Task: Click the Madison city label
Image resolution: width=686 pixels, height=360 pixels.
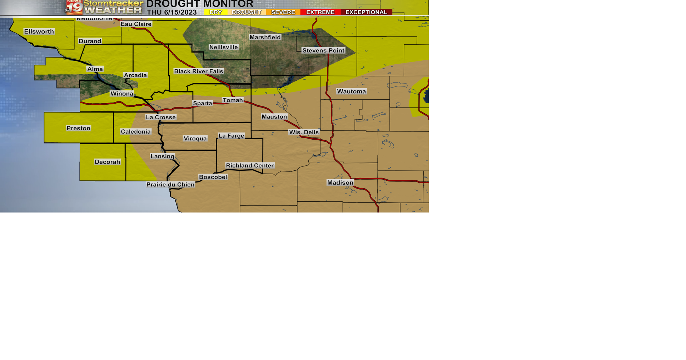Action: click(340, 182)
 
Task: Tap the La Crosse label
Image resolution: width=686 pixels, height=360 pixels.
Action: click(161, 117)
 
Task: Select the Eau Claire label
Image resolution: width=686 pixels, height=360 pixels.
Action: click(136, 24)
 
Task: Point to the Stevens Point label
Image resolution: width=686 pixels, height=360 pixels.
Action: click(323, 50)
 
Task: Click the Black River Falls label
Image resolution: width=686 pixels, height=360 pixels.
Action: click(199, 71)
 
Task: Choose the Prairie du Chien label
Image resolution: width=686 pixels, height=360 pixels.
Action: click(170, 185)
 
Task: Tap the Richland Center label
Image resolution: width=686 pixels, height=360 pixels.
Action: click(250, 165)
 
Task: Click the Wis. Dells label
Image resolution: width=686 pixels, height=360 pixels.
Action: click(304, 132)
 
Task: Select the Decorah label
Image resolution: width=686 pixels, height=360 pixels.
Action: click(107, 162)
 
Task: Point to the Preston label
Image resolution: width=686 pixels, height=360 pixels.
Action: click(79, 128)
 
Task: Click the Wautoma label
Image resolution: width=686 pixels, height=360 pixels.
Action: click(351, 91)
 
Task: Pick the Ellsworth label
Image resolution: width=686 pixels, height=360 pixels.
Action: click(39, 31)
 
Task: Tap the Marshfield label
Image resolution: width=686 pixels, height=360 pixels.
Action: click(265, 37)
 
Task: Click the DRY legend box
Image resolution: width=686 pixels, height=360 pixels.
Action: click(216, 12)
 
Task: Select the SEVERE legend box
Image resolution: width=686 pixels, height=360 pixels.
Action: click(283, 12)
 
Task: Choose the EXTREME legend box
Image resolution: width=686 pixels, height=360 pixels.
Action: click(320, 12)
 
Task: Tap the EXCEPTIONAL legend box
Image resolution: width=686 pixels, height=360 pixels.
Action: click(366, 12)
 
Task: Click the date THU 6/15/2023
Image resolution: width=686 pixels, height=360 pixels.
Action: click(172, 12)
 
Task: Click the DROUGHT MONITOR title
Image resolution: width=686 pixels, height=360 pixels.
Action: click(200, 4)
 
